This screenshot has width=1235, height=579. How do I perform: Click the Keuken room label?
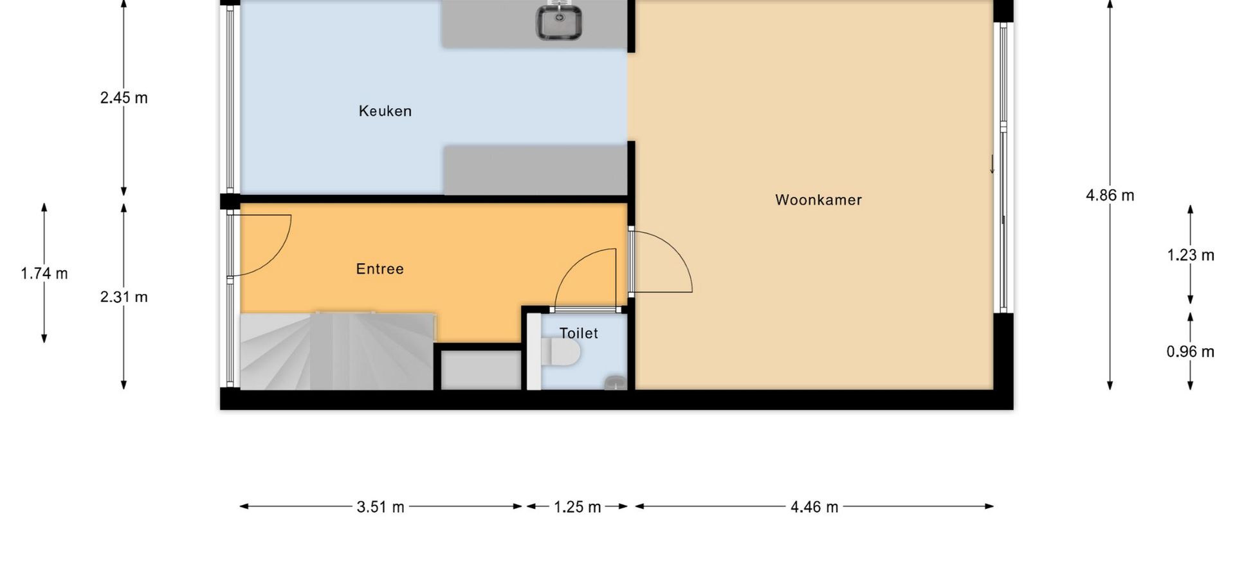[385, 111]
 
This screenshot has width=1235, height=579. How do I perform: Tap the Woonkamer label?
[818, 200]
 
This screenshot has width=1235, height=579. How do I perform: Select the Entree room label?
[380, 269]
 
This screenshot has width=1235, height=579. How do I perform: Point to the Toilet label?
[579, 333]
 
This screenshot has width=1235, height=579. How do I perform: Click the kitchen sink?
[560, 23]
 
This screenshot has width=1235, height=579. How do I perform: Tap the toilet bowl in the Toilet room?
[561, 353]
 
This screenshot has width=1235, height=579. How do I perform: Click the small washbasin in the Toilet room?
[616, 383]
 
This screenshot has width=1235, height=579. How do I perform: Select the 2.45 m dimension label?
[124, 98]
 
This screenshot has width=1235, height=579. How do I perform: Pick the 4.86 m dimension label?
[1110, 196]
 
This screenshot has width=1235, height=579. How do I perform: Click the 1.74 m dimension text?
[44, 273]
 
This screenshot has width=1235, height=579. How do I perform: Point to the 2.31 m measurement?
[124, 297]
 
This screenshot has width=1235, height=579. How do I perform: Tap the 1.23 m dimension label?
[1191, 255]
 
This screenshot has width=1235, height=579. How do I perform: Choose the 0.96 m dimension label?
[1191, 352]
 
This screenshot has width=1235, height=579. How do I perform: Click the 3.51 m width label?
[381, 507]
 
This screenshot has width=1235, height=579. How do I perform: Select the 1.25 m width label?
[578, 507]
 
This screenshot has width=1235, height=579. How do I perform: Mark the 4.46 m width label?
[814, 507]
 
